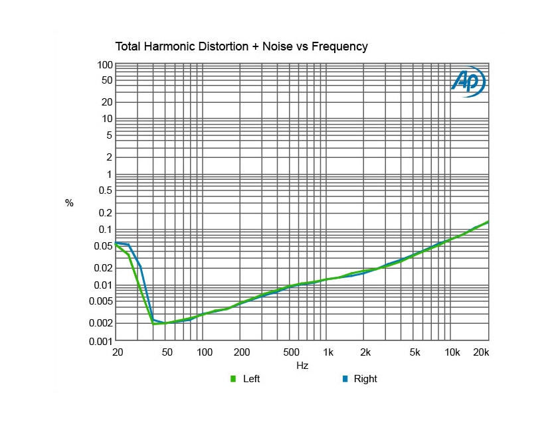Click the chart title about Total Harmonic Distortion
(241, 46)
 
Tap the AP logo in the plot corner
(468, 82)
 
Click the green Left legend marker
(233, 379)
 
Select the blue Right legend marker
(345, 379)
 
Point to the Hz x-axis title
(302, 366)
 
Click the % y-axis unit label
(69, 203)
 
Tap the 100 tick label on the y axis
(104, 64)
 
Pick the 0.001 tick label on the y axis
(100, 341)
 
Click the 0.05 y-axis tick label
(102, 246)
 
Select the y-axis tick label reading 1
(108, 175)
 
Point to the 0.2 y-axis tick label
(105, 213)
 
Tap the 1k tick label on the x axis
(327, 352)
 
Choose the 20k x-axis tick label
(482, 352)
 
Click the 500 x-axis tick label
(290, 352)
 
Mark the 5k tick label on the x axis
(415, 352)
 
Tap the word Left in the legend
(252, 379)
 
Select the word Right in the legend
(365, 379)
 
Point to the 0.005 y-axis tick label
(100, 301)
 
